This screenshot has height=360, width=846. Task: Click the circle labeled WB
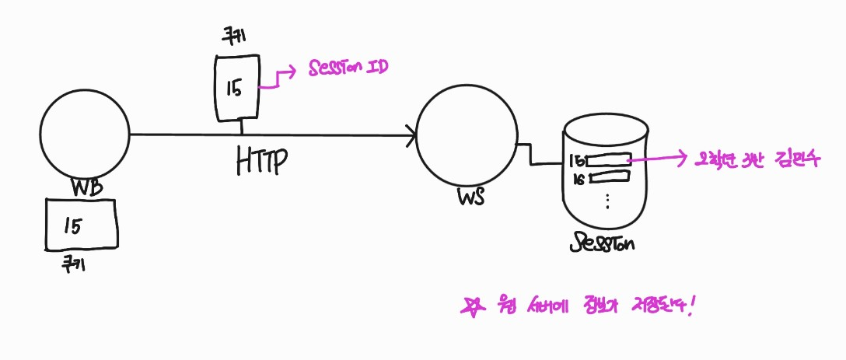[85, 135]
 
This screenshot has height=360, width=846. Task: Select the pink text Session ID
[348, 68]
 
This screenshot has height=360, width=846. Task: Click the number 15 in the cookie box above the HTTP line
[234, 88]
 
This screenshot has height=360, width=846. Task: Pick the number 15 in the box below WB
[72, 225]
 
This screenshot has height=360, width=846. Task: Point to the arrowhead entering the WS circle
[410, 139]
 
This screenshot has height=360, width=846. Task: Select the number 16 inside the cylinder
[578, 180]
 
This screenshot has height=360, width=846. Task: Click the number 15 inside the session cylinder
[576, 163]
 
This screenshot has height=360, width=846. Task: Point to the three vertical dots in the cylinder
[607, 201]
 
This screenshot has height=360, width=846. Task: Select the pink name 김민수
[789, 160]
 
